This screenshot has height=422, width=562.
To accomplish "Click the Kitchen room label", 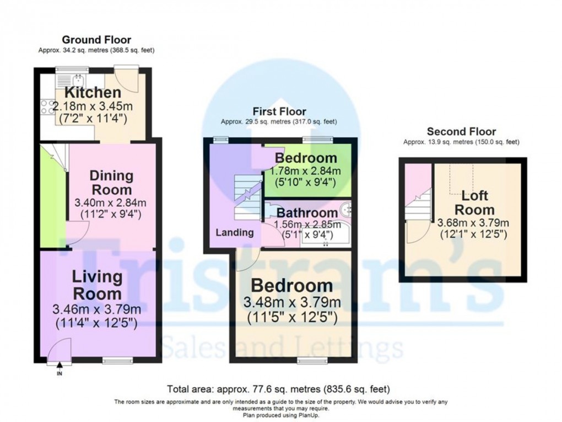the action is coord(93,93).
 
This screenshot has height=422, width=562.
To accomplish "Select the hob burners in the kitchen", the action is coord(47,106).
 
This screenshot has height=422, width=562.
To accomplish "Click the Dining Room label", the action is coord(111,183).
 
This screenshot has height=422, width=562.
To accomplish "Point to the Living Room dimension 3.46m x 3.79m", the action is coord(96,309).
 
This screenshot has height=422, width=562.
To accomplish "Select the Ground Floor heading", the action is coord(96,40).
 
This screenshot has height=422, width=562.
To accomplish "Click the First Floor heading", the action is coord(279,111).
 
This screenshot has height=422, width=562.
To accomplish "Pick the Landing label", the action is coord(234,233).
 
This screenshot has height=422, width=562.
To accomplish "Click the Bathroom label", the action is coord(307,213).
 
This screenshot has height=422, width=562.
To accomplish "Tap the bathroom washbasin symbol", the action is coord(345,209).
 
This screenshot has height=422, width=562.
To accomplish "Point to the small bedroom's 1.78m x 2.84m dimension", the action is coord(307,170).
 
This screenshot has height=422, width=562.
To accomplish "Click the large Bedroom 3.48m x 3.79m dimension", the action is coord(292,302).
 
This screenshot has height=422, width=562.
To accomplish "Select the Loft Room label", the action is coord(474,202).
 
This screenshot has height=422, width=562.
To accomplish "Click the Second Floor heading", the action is coord(461,131).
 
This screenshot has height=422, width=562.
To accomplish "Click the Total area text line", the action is coord(278,389).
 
